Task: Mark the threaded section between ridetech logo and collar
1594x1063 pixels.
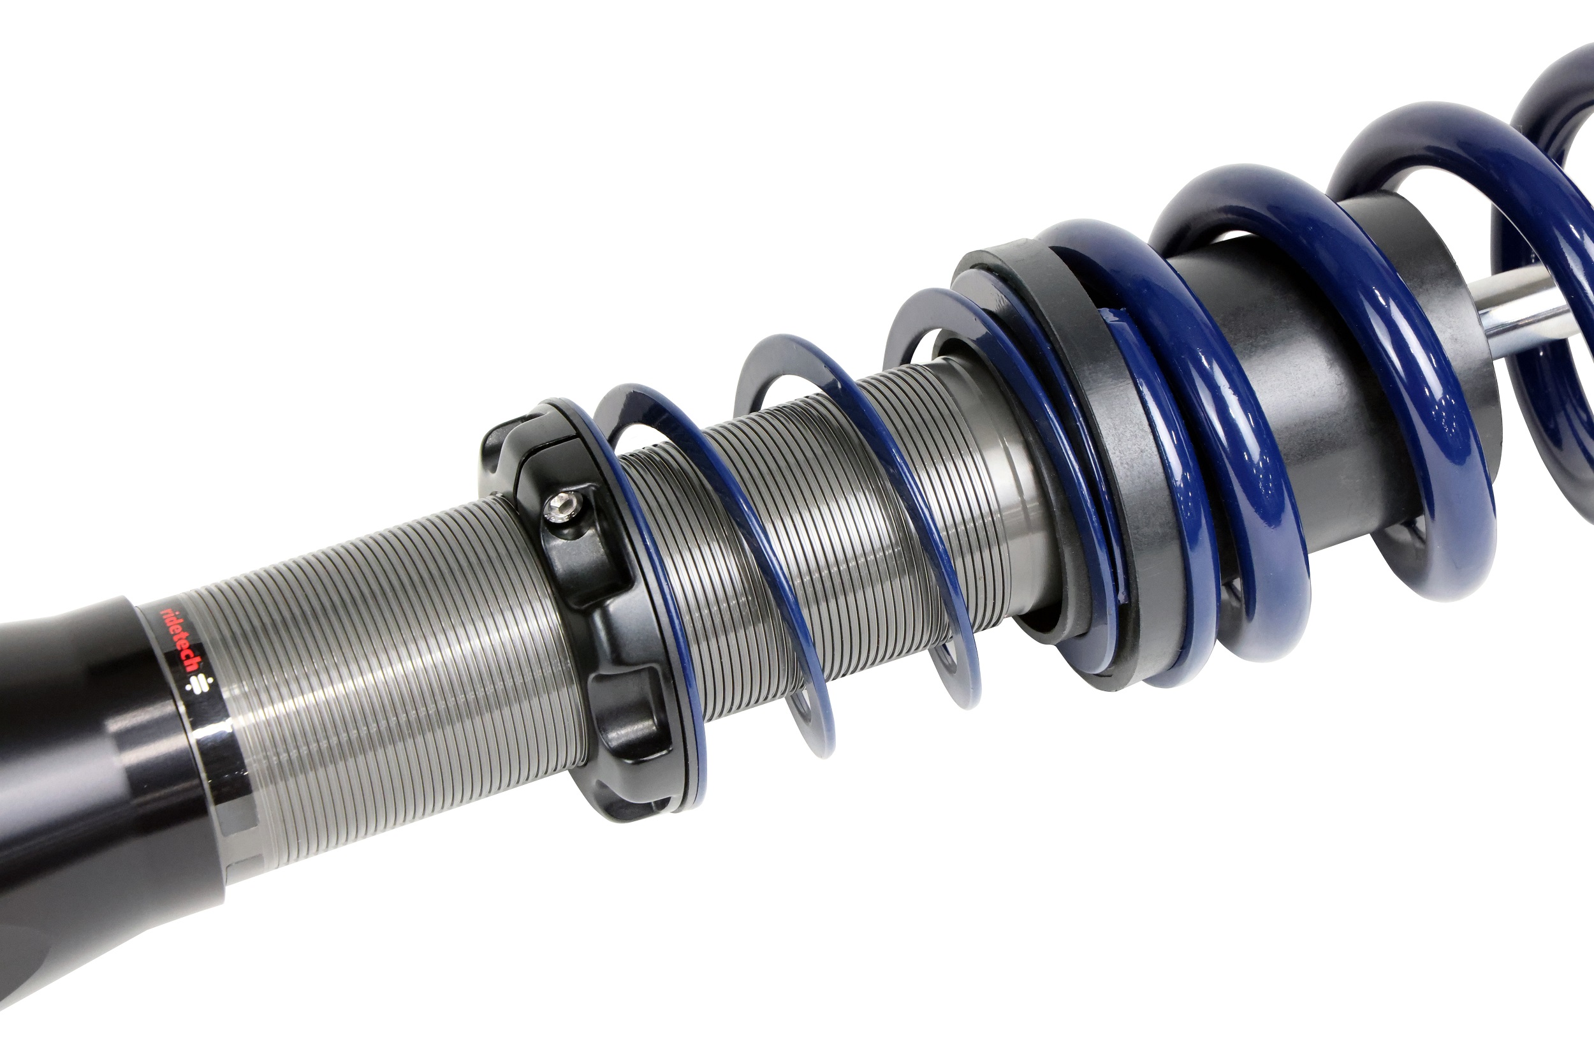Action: [x=393, y=678]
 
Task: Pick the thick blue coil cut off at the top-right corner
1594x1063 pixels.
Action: [x=1559, y=101]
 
